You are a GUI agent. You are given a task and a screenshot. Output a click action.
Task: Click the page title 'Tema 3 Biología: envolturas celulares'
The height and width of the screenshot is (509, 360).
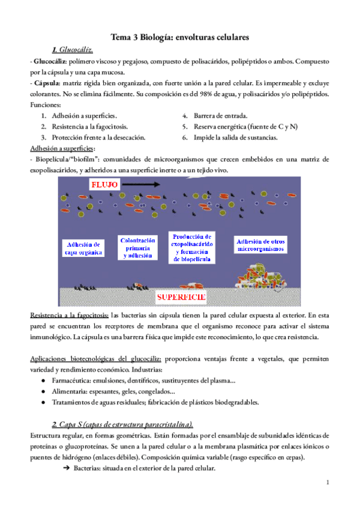[179, 37]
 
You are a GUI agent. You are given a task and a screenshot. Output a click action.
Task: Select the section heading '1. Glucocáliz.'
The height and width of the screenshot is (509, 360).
[73, 50]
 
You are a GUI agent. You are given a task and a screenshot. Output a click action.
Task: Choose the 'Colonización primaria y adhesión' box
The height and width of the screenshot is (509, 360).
[137, 247]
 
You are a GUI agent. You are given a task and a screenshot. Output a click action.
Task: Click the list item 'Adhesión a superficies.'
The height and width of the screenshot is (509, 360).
[85, 115]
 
